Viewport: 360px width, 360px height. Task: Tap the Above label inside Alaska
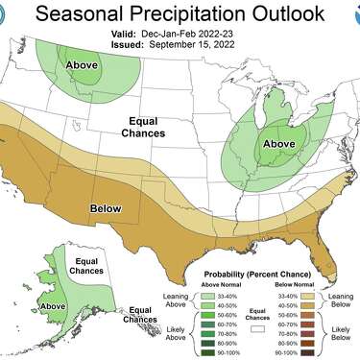[53, 307]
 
